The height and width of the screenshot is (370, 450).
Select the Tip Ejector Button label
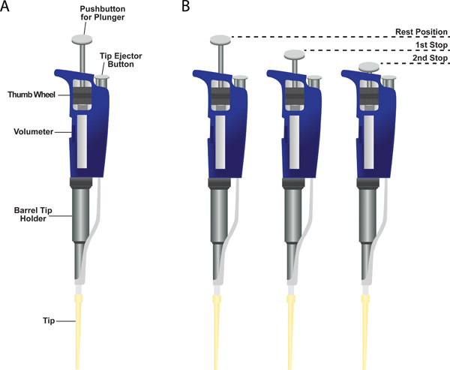coord(118,60)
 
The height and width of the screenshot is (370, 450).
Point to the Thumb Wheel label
coord(28,95)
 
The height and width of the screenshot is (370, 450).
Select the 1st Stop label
coord(427,45)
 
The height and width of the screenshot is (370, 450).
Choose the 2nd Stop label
coord(427,58)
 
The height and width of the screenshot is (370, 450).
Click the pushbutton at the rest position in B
coord(220,39)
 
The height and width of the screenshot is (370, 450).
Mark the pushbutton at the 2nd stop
coord(368,67)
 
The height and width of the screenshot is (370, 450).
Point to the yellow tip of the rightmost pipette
coord(367,323)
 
